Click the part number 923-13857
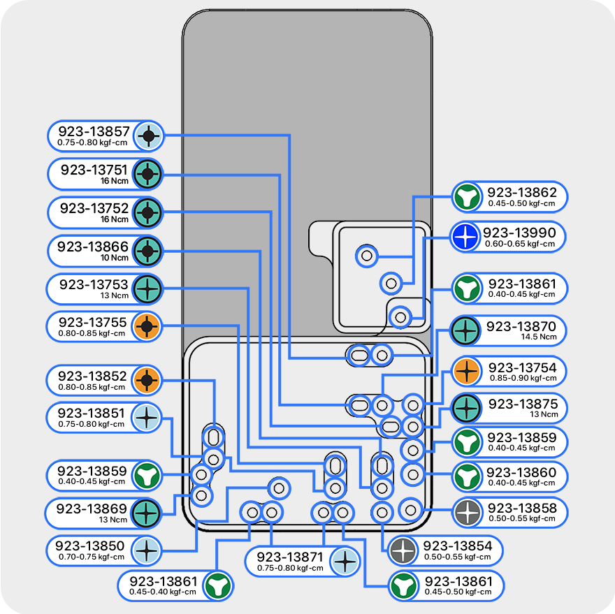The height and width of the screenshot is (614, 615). pos(94,131)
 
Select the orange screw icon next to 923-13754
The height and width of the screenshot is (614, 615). pos(465,372)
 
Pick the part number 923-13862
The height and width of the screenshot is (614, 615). pos(522,193)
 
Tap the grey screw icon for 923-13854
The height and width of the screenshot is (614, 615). pos(403,551)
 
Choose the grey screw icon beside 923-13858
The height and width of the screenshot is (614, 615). pos(465,513)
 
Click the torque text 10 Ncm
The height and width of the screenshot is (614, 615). pos(115,258)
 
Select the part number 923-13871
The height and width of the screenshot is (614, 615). pos(289,557)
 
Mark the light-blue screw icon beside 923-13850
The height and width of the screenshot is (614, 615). pos(147,550)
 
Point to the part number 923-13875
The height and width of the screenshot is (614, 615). pos(522,404)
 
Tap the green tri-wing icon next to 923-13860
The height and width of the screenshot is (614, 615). pos(465,478)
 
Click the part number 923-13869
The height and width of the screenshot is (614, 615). pos(92,509)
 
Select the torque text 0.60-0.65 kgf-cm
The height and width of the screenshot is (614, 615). pos(520,244)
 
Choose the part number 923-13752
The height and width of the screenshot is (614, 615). pos(94,207)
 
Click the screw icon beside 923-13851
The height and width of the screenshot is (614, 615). pos(147,418)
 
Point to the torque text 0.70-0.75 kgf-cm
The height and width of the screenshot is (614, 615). pos(91,557)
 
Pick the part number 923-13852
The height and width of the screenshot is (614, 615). pos(92,377)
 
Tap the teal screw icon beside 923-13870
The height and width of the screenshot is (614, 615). pos(465,331)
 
